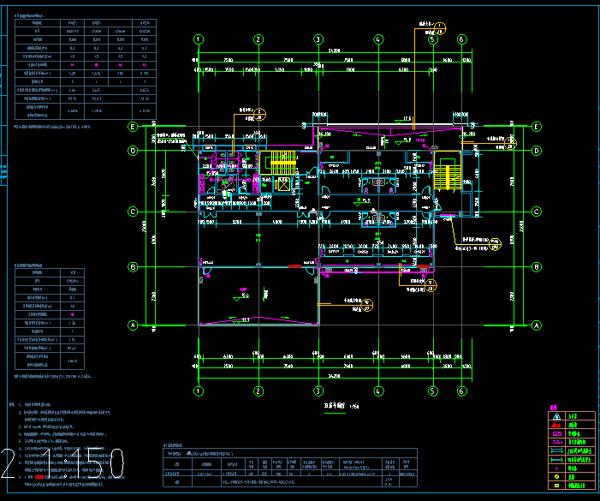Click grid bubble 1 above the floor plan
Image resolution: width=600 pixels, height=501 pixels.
pyautogui.click(x=199, y=39)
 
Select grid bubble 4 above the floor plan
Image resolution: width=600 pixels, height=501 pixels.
pyautogui.click(x=377, y=39)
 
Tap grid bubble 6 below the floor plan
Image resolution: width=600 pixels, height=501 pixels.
pyautogui.click(x=461, y=391)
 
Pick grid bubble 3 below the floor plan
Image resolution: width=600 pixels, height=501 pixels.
pyautogui.click(x=318, y=391)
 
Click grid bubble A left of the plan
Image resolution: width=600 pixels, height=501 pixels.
pyautogui.click(x=133, y=325)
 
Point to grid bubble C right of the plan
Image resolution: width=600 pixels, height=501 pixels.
pyautogui.click(x=537, y=212)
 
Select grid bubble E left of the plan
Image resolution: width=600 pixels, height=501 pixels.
pyautogui.click(x=133, y=127)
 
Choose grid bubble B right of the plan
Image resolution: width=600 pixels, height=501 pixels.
pyautogui.click(x=537, y=266)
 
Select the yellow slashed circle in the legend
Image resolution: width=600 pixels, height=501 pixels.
pyautogui.click(x=556, y=477)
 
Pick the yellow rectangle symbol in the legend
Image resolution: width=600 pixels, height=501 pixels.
pyautogui.click(x=556, y=486)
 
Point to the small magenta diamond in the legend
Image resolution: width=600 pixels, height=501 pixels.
pyautogui.click(x=556, y=468)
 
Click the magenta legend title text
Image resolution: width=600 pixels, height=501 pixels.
pyautogui.click(x=554, y=407)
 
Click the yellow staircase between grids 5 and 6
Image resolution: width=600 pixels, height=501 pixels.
pyautogui.click(x=446, y=173)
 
